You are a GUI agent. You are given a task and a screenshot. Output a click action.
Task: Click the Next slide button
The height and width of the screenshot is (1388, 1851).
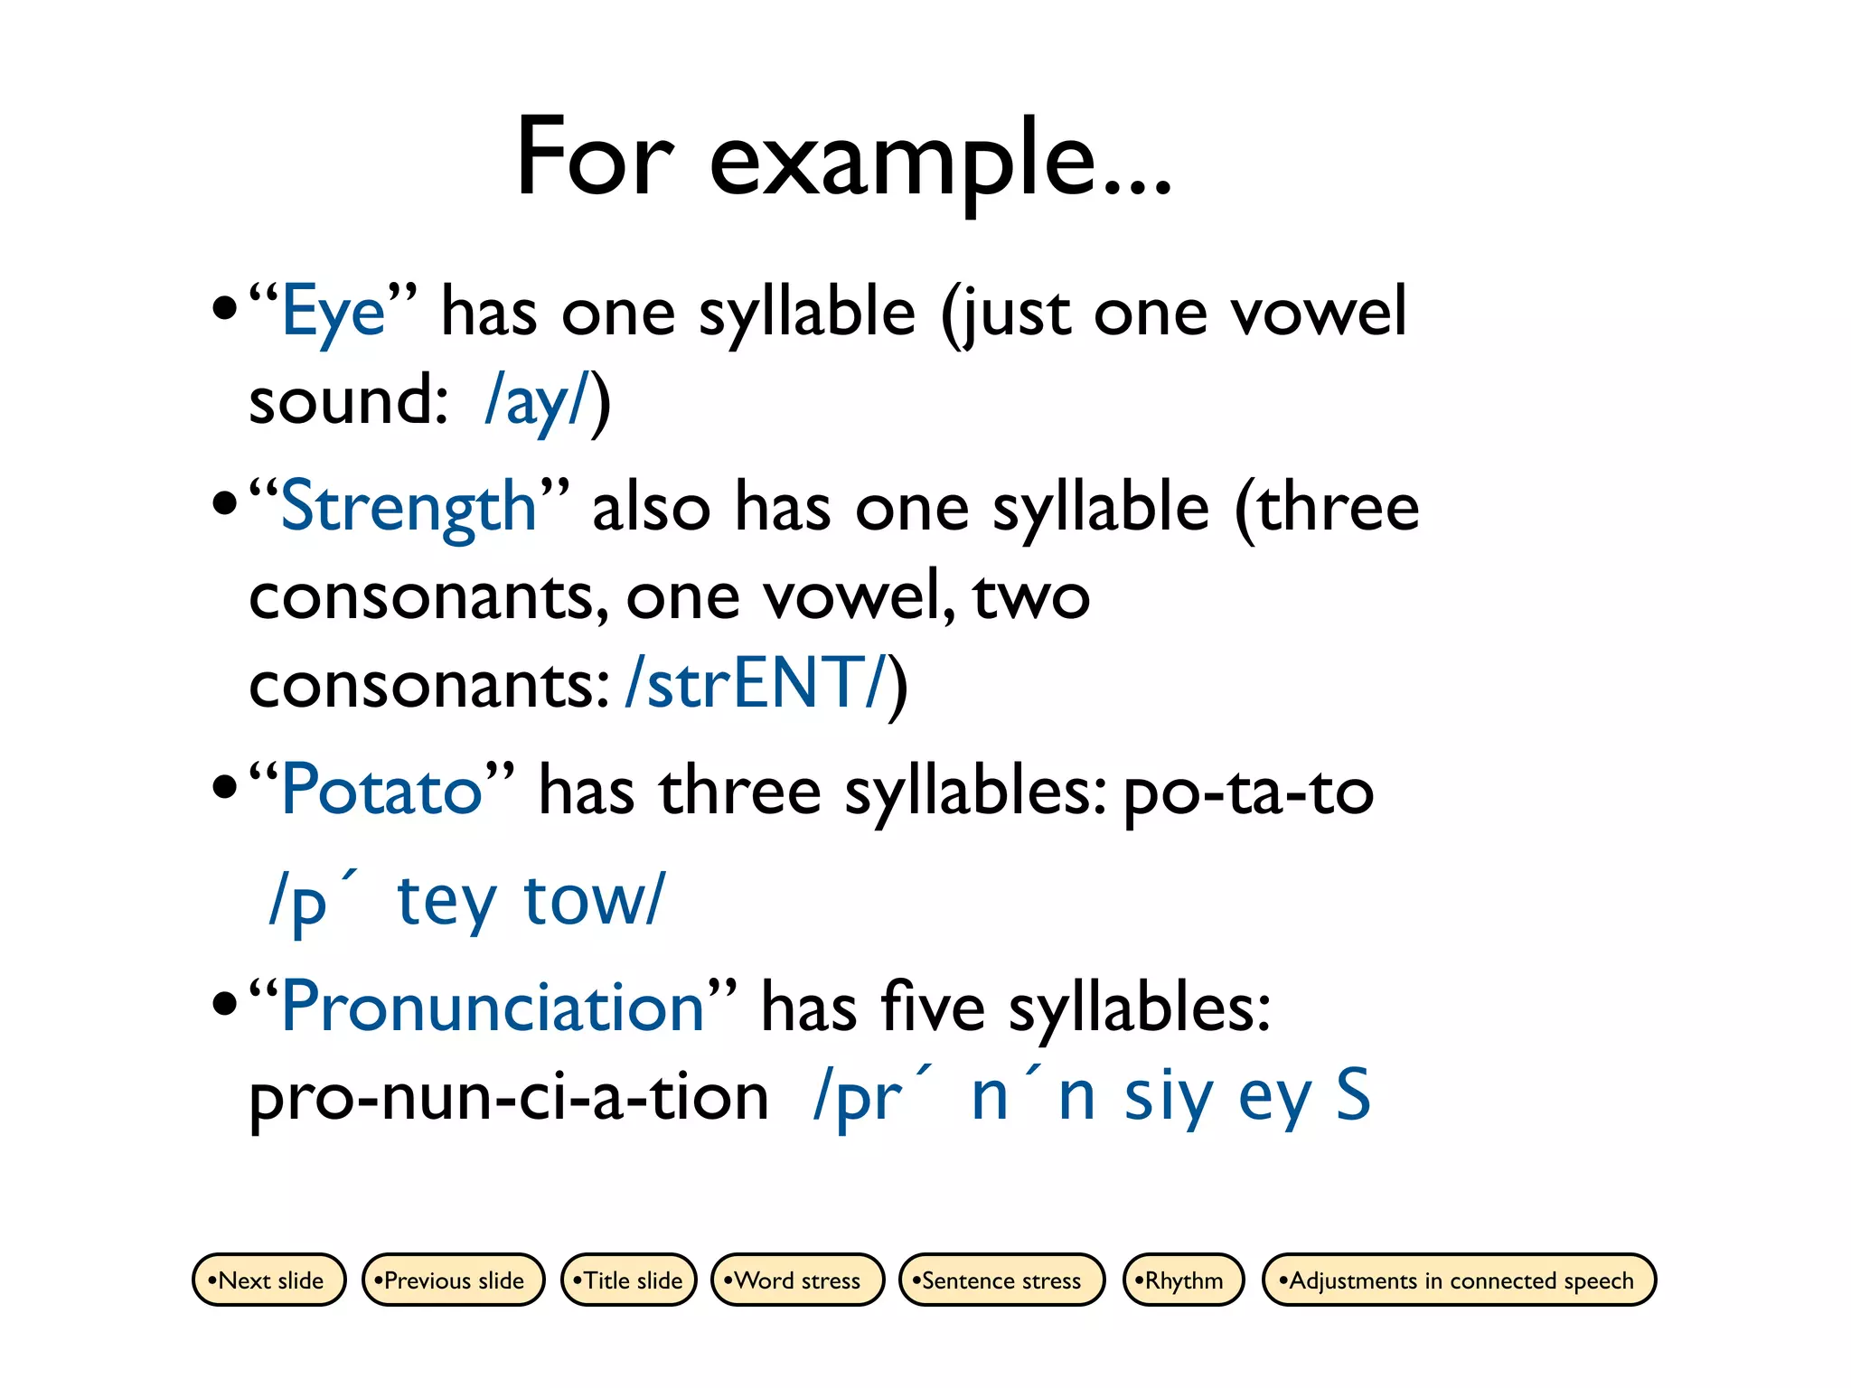pyautogui.click(x=269, y=1280)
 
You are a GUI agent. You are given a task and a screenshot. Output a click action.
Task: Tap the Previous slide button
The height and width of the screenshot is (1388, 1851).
pyautogui.click(x=453, y=1280)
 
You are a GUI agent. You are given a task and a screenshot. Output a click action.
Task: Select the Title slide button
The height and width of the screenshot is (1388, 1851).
pyautogui.click(x=629, y=1280)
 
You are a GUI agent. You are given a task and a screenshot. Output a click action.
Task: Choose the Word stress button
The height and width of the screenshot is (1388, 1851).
pyautogui.click(x=797, y=1280)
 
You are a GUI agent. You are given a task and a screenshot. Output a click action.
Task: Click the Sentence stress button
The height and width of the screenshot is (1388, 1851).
pyautogui.click(x=1001, y=1280)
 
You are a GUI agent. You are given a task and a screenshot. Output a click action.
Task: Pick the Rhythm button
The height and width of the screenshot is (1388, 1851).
pyautogui.click(x=1183, y=1280)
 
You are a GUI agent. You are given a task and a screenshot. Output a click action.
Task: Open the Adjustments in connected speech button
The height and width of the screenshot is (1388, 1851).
pyautogui.click(x=1459, y=1280)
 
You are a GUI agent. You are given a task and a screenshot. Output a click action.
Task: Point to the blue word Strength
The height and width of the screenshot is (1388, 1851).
pyautogui.click(x=409, y=508)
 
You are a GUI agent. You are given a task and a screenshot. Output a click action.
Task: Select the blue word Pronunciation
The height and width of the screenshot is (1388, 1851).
pyautogui.click(x=493, y=1008)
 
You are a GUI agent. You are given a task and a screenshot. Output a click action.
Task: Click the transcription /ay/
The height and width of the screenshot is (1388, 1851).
pyautogui.click(x=537, y=401)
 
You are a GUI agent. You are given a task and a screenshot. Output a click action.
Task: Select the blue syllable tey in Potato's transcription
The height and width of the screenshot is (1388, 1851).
pyautogui.click(x=446, y=900)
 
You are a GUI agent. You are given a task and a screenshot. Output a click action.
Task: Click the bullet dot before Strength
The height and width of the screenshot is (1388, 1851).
pyautogui.click(x=223, y=502)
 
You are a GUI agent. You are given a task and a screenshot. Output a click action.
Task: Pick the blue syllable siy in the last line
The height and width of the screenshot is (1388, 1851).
pyautogui.click(x=1168, y=1097)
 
